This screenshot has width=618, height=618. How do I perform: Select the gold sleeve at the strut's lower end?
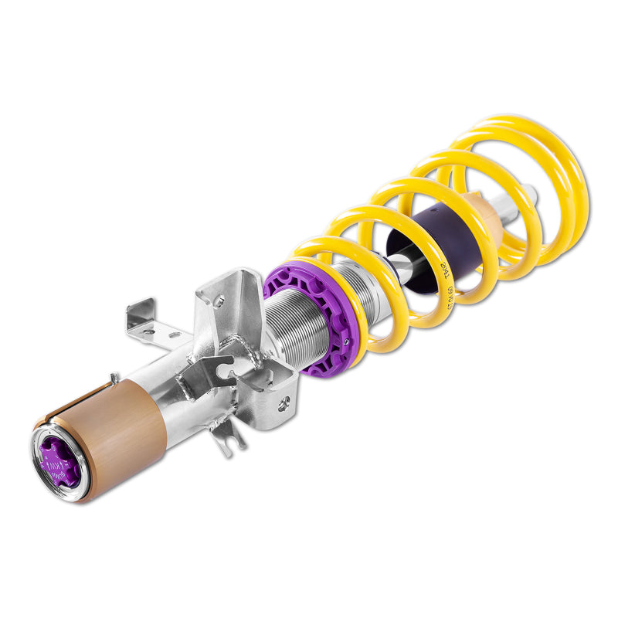click(116, 433)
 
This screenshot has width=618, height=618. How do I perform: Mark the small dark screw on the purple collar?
click(347, 340)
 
